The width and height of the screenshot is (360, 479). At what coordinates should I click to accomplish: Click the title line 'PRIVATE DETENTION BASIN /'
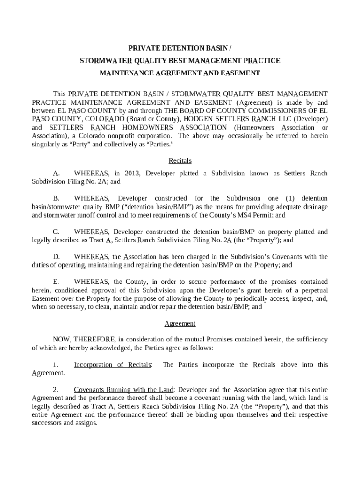click(180, 48)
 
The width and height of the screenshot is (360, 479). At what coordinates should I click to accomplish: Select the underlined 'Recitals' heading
click(180, 160)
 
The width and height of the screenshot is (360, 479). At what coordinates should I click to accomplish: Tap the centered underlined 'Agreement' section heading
click(180, 323)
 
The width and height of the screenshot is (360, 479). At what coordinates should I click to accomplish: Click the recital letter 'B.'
click(56, 198)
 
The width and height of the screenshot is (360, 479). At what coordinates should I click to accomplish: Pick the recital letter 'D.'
click(56, 257)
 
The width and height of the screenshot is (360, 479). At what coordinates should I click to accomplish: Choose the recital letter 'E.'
click(56, 282)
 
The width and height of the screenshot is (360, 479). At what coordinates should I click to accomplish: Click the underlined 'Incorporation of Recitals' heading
click(113, 364)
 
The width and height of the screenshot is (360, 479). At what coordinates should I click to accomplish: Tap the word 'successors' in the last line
click(46, 423)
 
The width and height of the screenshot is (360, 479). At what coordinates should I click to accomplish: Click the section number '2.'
click(55, 390)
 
